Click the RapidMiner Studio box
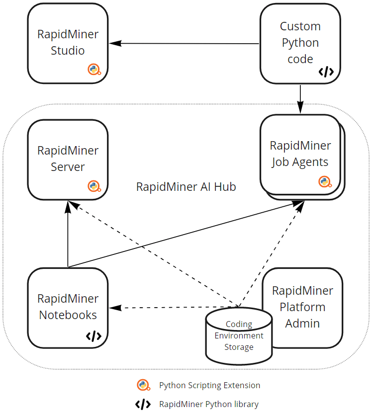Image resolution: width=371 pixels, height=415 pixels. pyautogui.click(x=68, y=43)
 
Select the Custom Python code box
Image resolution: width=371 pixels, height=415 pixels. pyautogui.click(x=300, y=43)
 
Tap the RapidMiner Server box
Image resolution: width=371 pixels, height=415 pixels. pyautogui.click(x=68, y=159)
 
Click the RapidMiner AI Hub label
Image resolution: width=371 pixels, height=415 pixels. pyautogui.click(x=186, y=187)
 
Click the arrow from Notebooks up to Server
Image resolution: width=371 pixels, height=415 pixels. pyautogui.click(x=68, y=234)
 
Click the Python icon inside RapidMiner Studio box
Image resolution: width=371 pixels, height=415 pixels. pyautogui.click(x=94, y=70)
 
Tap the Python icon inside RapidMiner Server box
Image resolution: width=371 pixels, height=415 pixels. pyautogui.click(x=94, y=186)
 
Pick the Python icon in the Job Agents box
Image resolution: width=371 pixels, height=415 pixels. pyautogui.click(x=325, y=182)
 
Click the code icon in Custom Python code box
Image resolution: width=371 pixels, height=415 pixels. pyautogui.click(x=326, y=72)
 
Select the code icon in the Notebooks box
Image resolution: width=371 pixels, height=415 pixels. pyautogui.click(x=93, y=336)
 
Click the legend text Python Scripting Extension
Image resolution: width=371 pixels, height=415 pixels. pyautogui.click(x=209, y=385)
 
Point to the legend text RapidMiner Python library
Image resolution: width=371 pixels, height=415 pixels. pyautogui.click(x=209, y=404)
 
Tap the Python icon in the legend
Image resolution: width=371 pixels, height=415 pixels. pyautogui.click(x=144, y=385)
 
